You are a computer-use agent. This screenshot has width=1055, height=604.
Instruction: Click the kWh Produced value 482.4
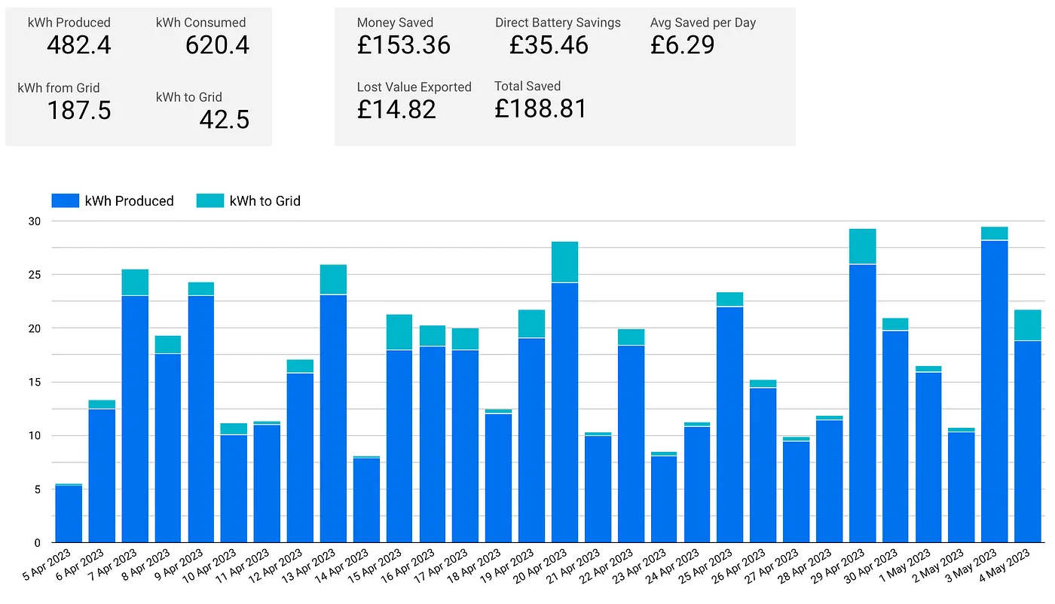78,46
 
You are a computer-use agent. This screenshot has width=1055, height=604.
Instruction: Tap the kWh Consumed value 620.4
217,46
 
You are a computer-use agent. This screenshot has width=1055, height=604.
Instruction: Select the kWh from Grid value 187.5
78,111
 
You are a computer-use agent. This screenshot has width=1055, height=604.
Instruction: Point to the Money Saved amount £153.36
403,45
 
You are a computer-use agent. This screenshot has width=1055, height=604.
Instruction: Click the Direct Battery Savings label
558,23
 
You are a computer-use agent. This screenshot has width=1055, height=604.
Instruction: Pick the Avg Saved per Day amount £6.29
682,45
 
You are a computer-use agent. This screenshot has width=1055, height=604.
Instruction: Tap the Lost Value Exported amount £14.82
396,110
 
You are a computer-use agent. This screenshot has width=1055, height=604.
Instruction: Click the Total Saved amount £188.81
540,109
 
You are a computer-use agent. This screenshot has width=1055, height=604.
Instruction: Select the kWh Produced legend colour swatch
65,201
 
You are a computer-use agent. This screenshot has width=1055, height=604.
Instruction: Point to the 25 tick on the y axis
35,275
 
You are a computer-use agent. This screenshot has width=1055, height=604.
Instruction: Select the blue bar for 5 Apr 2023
69,514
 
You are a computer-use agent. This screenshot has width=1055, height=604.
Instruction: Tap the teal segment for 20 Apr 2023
564,262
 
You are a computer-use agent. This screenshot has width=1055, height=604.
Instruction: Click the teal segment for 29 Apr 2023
862,246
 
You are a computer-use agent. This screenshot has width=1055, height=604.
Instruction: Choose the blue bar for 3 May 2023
995,392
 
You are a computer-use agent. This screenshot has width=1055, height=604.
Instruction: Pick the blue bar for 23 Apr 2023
664,499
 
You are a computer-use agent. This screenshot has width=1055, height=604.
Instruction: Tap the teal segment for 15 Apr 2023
399,332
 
